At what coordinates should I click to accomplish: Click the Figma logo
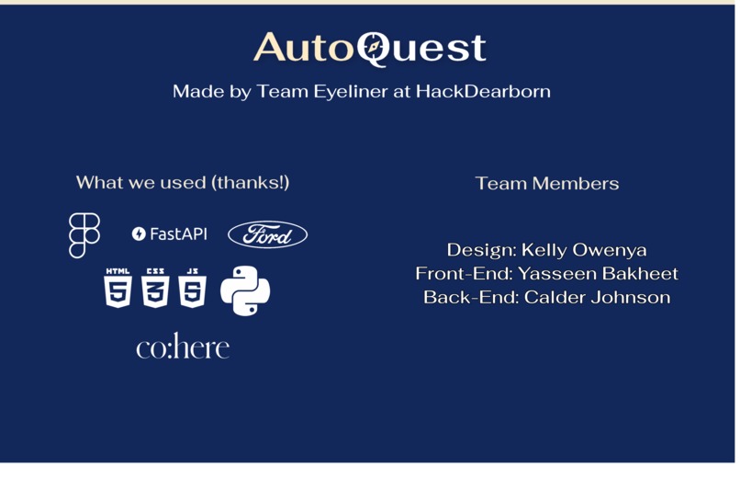pyautogui.click(x=84, y=235)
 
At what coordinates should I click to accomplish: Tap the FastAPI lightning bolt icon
pyautogui.click(x=139, y=234)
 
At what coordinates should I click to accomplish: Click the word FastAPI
pyautogui.click(x=179, y=234)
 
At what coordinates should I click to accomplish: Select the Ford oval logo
pyautogui.click(x=267, y=235)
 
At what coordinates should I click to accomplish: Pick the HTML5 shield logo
pyautogui.click(x=118, y=289)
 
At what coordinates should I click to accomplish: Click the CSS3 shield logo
pyautogui.click(x=155, y=289)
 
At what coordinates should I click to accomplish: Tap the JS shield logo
pyautogui.click(x=192, y=289)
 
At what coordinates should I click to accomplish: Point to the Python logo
pyautogui.click(x=245, y=291)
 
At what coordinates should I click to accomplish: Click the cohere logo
pyautogui.click(x=183, y=347)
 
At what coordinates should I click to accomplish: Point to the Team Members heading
pyautogui.click(x=547, y=184)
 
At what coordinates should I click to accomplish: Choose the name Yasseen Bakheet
pyautogui.click(x=598, y=274)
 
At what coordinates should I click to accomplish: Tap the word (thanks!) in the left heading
pyautogui.click(x=251, y=182)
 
